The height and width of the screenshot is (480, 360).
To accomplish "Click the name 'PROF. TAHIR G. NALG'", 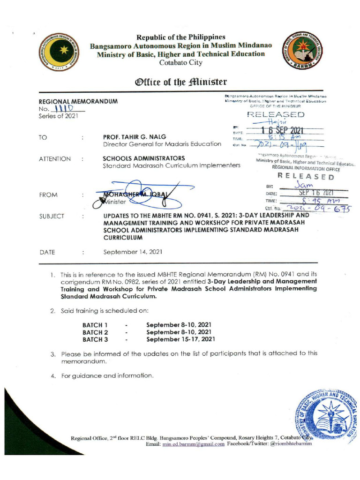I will tap(134, 136).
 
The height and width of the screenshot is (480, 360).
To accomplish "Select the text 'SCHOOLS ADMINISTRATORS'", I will tap(144, 158).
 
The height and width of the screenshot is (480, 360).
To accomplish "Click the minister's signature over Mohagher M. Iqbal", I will tap(141, 193).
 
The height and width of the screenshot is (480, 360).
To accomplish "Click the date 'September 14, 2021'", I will tap(133, 252).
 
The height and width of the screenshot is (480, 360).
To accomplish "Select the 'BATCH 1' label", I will tap(95, 325).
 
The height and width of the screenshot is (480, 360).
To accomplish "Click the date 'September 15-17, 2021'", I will tap(181, 339).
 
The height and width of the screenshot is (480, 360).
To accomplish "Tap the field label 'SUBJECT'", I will tap(52, 217).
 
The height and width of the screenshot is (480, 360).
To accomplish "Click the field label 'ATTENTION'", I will tap(54, 159).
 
